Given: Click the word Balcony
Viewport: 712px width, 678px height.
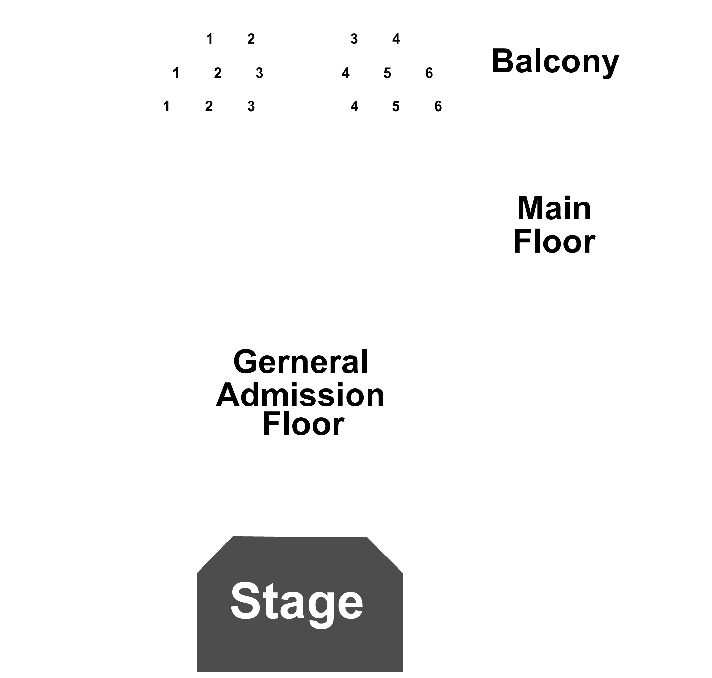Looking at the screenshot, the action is [555, 62].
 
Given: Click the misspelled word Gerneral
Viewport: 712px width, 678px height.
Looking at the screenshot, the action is [301, 362].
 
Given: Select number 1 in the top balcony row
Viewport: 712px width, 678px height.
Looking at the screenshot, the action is [209, 39].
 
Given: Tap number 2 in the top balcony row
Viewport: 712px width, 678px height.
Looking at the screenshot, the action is [251, 39].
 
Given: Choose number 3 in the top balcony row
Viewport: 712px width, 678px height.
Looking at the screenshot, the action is [354, 39].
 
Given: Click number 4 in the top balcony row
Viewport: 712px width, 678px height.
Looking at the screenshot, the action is [396, 39].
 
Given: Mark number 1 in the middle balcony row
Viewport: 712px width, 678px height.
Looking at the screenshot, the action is [176, 73].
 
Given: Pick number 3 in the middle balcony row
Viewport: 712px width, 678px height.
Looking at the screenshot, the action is [259, 73].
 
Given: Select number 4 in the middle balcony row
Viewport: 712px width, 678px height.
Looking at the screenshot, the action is [345, 73].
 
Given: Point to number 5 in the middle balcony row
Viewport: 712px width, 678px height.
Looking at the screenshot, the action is [387, 73].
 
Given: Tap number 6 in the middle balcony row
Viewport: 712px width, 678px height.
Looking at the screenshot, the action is [429, 73].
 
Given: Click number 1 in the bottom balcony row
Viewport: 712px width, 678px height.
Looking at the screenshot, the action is [166, 106].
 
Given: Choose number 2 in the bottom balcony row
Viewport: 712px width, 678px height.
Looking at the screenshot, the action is [209, 106].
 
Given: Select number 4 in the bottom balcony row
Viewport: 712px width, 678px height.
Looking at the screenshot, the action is [354, 106].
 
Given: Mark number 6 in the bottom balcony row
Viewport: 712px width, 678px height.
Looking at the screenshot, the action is [438, 106].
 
